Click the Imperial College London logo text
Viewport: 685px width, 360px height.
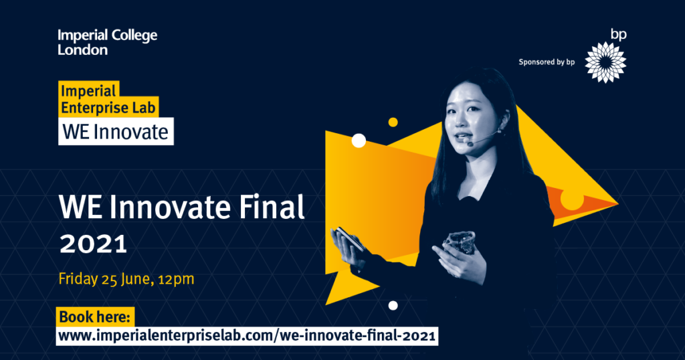pos(108,42)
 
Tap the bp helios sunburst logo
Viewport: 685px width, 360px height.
pos(605,62)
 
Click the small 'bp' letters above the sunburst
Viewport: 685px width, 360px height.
pos(619,35)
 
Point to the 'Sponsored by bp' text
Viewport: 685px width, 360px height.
pos(547,62)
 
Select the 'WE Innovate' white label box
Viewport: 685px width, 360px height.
pos(116,131)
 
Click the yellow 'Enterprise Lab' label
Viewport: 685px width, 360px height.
pos(108,108)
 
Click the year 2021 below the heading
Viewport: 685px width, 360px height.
pos(93,244)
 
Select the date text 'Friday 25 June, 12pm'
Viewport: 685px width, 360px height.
pos(126,279)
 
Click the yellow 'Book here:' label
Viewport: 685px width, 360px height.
pos(95,317)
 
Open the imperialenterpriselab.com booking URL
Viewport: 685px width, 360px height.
pos(247,335)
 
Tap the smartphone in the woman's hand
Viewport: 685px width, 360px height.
pos(349,238)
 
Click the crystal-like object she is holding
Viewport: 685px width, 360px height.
pos(460,242)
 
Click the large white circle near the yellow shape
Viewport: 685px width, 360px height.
pos(359,141)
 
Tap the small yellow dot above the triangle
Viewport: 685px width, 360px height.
pos(393,122)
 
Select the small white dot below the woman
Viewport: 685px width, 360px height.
pos(393,305)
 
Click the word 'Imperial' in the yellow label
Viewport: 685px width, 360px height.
pos(88,90)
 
